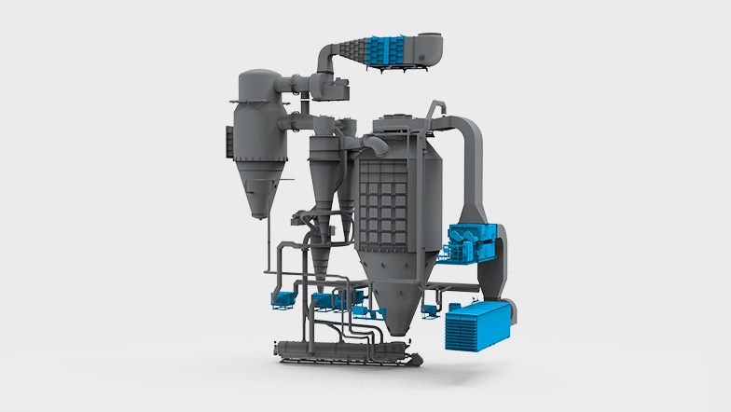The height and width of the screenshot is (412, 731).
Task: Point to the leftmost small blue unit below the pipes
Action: [281, 298]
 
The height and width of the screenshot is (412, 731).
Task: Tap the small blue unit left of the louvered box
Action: [432, 309]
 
